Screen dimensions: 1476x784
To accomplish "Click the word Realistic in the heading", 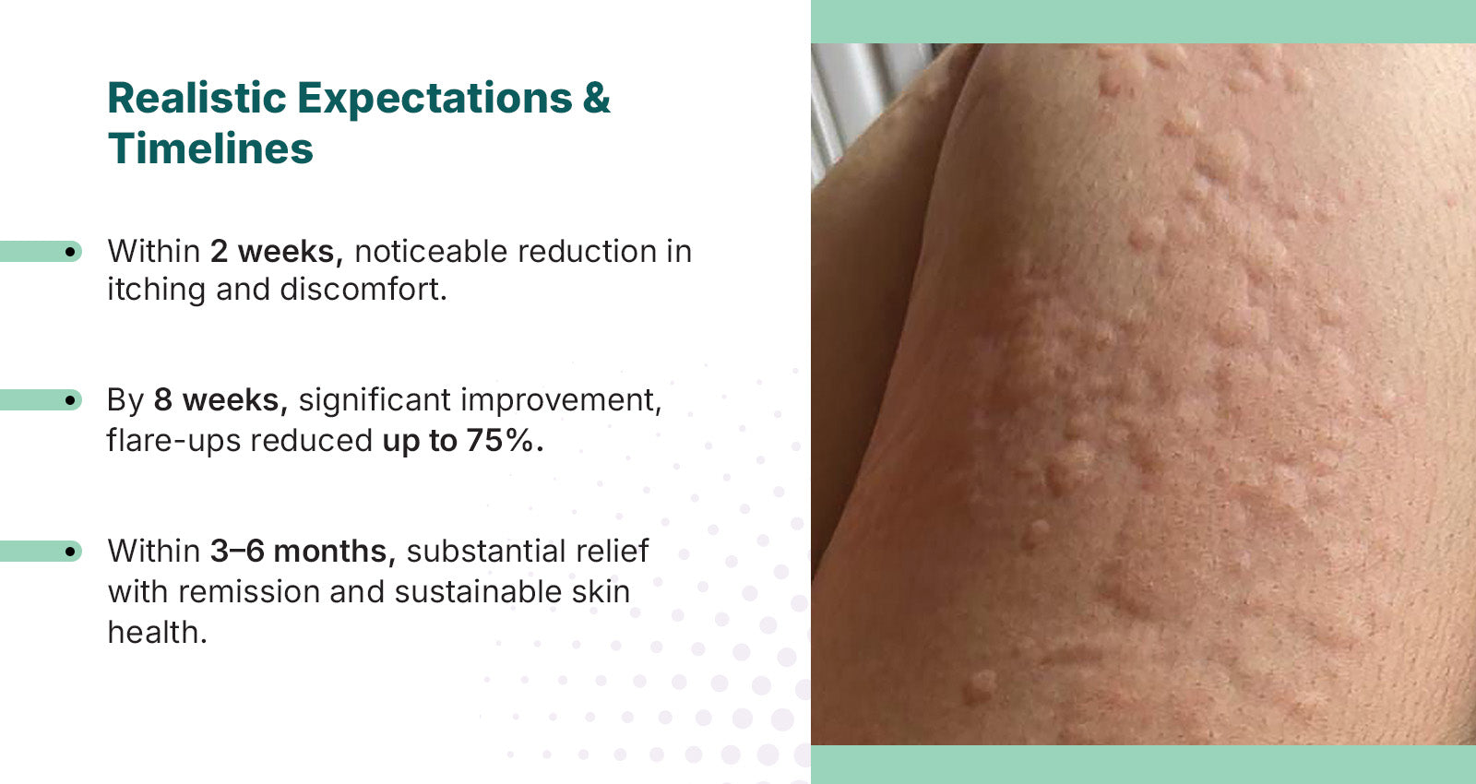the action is point(196,98).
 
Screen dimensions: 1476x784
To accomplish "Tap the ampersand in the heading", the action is point(596,98).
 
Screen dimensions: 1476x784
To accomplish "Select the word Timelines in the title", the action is point(210,148).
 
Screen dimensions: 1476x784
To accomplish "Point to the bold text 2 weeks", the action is point(277,252).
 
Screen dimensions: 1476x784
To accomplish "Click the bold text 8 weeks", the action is point(220,400).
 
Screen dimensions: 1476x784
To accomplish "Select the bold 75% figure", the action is point(505,441).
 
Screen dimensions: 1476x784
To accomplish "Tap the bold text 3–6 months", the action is point(304,552).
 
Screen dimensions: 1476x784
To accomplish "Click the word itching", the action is point(156,291).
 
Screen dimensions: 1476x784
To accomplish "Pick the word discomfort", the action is point(363,290).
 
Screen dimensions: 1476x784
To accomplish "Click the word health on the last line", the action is point(157,633).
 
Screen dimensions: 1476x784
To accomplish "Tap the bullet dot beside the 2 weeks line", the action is point(70,252).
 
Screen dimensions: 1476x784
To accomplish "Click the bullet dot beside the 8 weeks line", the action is point(70,400).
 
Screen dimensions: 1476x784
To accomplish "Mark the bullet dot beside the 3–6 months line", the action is point(70,552).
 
